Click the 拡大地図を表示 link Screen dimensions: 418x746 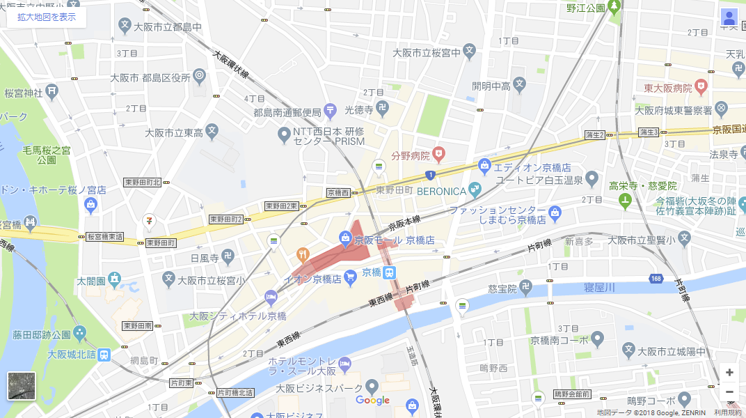coord(47,17)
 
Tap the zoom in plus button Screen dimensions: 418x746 coord(729,372)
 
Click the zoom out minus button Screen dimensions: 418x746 coord(729,392)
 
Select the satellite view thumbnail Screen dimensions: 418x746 coord(22,386)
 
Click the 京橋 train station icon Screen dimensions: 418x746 coord(390,272)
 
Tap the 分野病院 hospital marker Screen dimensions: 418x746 coord(438,153)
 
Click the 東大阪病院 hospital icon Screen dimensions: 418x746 coord(701,88)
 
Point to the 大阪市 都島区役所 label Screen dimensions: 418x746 coord(150,77)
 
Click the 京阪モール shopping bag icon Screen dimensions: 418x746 coord(345,240)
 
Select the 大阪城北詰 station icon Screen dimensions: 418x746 coord(104,355)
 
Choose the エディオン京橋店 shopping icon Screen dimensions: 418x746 coord(485,166)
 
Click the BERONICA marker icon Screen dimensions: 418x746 coord(475,188)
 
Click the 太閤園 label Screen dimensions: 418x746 coord(91,281)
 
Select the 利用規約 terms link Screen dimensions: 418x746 coord(727,413)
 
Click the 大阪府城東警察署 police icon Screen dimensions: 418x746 coord(720,109)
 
